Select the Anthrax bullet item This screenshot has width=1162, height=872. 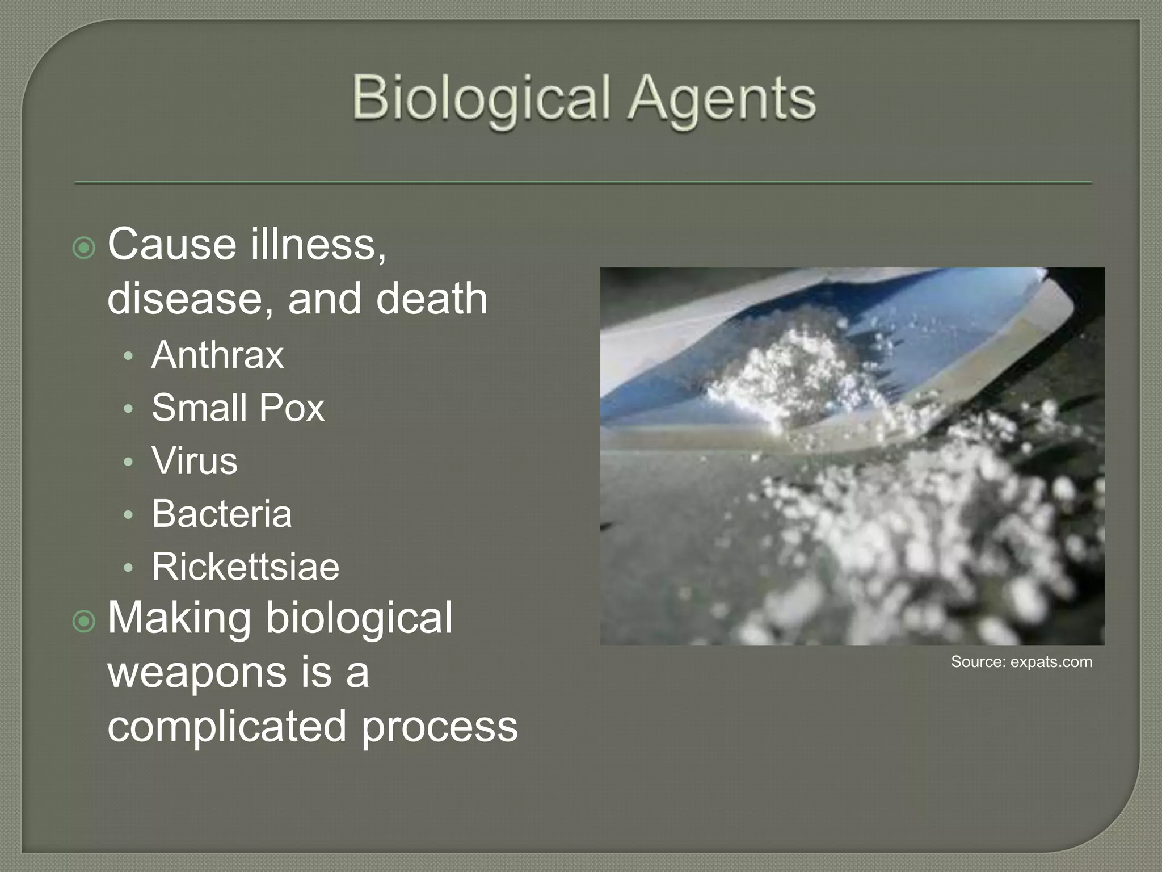(217, 355)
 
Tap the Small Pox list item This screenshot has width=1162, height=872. (238, 408)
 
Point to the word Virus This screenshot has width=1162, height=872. (194, 460)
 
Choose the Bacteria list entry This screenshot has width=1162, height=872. (221, 514)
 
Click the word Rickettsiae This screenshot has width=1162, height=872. (245, 567)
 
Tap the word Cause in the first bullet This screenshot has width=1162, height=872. (171, 245)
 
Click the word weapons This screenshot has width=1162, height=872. (196, 672)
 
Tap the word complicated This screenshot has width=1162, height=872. (226, 726)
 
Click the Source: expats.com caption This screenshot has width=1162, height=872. (1021, 662)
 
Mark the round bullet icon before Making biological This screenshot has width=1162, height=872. (85, 622)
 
